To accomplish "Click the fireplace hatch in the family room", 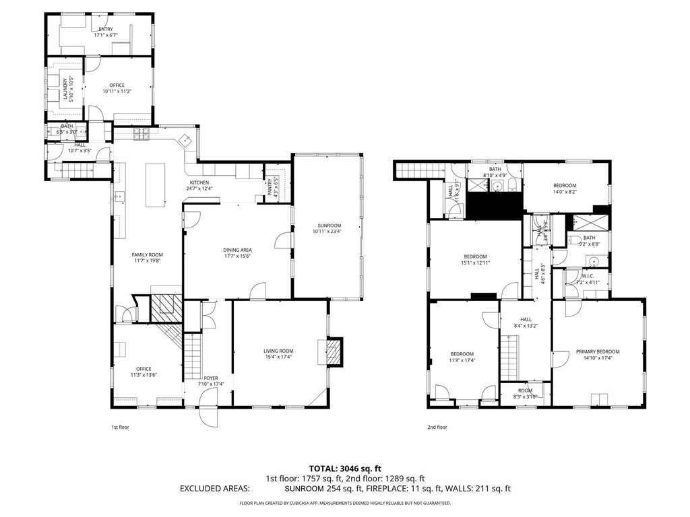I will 164,310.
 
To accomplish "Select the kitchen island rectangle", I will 155,185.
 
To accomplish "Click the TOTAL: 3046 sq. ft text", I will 344,468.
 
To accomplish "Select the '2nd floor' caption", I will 437,427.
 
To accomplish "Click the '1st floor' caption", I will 120,427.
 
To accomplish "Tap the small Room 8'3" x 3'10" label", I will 525,393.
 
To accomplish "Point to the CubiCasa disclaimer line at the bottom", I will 345,504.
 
